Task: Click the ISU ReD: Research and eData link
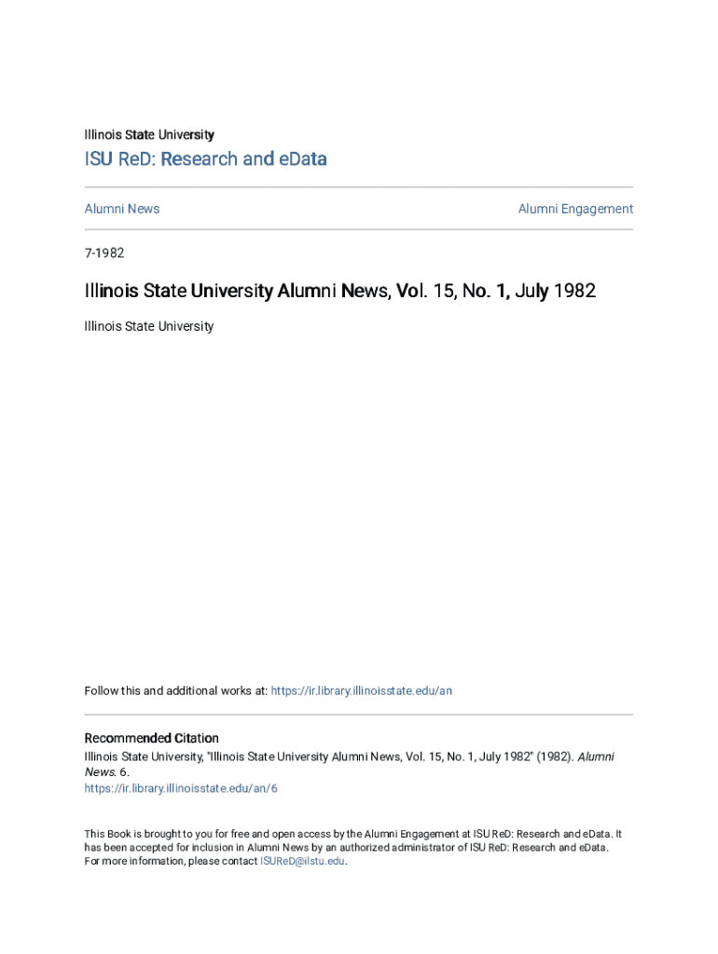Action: tap(205, 159)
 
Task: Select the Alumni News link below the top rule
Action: tap(122, 209)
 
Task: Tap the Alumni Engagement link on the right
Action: tap(575, 209)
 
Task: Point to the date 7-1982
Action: tap(104, 252)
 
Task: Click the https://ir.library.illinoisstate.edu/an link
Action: tap(361, 691)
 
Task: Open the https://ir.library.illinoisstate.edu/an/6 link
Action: tap(181, 788)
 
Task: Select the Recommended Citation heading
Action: tap(152, 739)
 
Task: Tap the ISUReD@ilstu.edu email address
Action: tap(302, 862)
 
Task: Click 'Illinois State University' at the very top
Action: tap(149, 135)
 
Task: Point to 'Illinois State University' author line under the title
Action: tap(149, 327)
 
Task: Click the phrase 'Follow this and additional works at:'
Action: tap(175, 691)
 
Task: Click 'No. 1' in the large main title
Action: tap(489, 292)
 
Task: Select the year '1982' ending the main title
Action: tap(574, 292)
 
